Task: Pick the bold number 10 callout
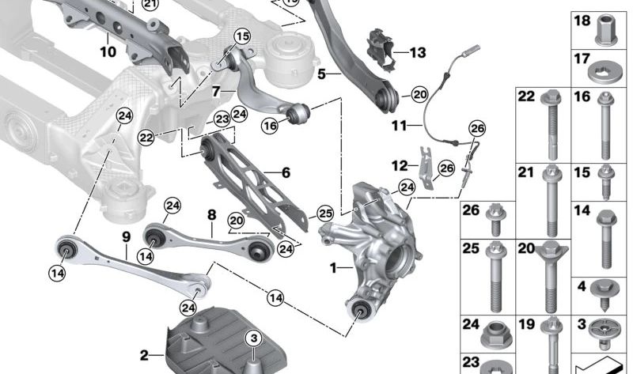click(x=108, y=52)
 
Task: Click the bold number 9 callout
click(x=125, y=236)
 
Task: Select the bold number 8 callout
click(x=211, y=214)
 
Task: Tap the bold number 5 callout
click(x=322, y=75)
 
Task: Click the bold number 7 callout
click(x=215, y=92)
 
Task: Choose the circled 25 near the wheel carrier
click(x=325, y=213)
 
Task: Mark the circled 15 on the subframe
click(x=241, y=36)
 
